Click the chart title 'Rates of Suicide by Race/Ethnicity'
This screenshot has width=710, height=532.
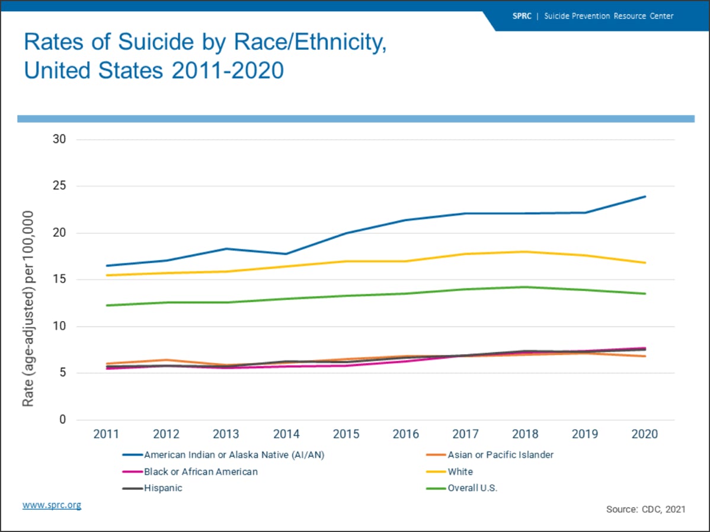pyautogui.click(x=205, y=43)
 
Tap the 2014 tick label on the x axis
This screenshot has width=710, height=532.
pyautogui.click(x=286, y=434)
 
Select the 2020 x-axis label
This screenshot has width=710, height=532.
pyautogui.click(x=645, y=434)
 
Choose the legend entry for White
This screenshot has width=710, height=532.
pyautogui.click(x=460, y=472)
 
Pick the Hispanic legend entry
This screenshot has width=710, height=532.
pyautogui.click(x=163, y=488)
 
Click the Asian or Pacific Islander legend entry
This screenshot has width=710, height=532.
pyautogui.click(x=500, y=455)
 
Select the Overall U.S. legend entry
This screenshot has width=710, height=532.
pyautogui.click(x=472, y=488)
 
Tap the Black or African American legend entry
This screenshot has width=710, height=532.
pyautogui.click(x=200, y=472)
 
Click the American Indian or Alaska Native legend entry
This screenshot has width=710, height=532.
pyautogui.click(x=234, y=455)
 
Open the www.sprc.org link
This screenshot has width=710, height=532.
pyautogui.click(x=52, y=505)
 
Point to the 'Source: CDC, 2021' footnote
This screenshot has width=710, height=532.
pyautogui.click(x=645, y=509)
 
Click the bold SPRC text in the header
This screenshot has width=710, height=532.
pyautogui.click(x=522, y=16)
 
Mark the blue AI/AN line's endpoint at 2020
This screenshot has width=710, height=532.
pyautogui.click(x=645, y=197)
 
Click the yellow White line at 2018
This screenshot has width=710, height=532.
pyautogui.click(x=525, y=252)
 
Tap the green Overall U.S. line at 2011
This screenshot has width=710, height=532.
pyautogui.click(x=107, y=306)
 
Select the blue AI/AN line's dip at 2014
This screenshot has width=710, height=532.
pyautogui.click(x=286, y=254)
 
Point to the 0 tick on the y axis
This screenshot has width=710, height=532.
pyautogui.click(x=62, y=420)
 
